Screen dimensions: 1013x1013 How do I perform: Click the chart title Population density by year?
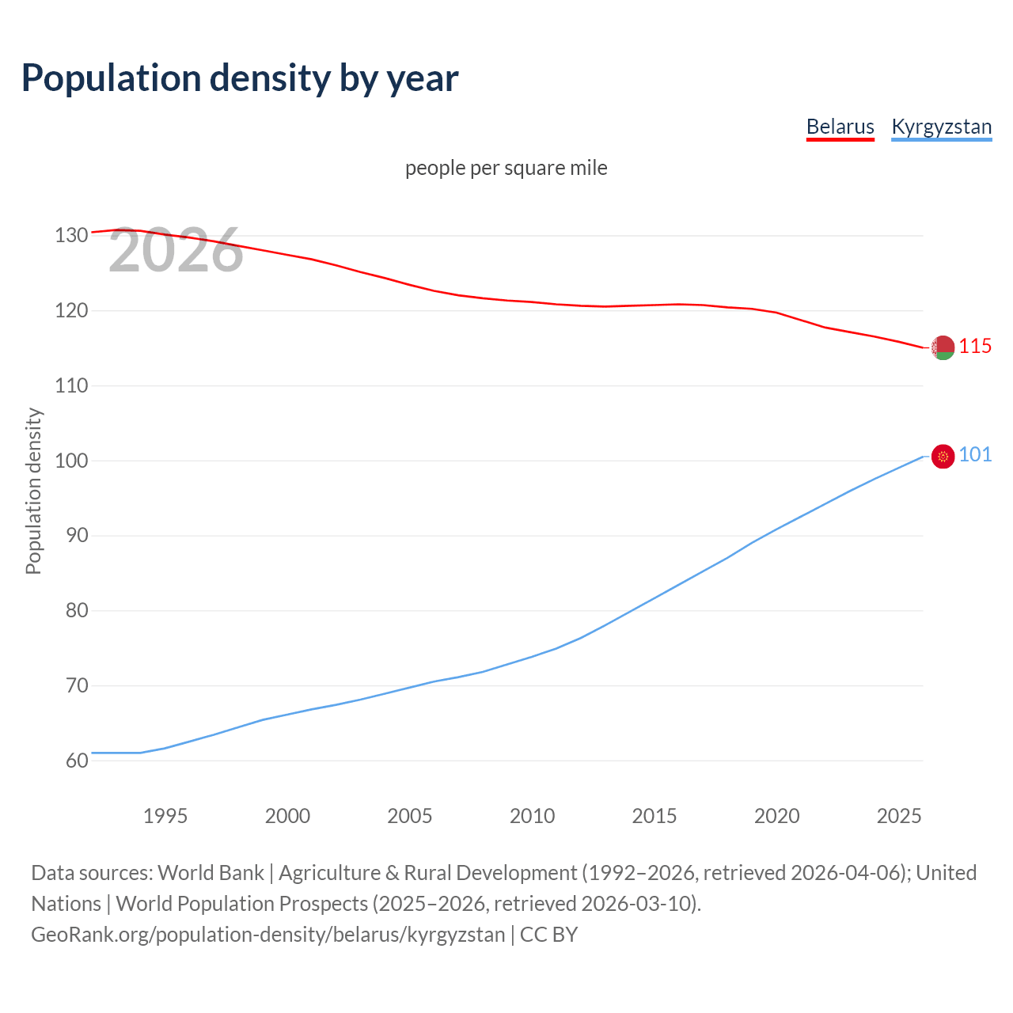pos(240,78)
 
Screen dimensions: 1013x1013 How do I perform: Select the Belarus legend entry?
pos(840,127)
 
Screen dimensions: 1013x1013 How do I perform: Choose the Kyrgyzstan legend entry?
pos(941,127)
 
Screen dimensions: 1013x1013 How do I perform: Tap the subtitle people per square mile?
pos(506,168)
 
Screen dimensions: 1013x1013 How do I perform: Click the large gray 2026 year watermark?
pos(176,250)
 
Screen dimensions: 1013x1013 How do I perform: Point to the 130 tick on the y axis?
pos(71,236)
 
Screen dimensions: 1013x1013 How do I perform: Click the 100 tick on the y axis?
pos(71,461)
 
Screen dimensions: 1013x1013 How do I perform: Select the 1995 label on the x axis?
pos(165,816)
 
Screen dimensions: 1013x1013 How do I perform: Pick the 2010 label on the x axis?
pos(532,816)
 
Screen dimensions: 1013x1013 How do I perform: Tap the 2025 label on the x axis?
pos(899,816)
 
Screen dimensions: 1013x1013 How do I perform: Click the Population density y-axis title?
pos(33,491)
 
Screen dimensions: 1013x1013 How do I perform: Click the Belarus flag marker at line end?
pos(943,347)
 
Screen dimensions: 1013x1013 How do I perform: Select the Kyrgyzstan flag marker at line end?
pos(943,456)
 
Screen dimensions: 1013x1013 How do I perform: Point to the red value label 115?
pos(975,346)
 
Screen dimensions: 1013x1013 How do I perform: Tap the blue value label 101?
pos(975,454)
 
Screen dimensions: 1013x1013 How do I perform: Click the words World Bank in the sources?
pos(211,873)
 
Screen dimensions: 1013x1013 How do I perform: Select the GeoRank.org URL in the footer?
pos(267,935)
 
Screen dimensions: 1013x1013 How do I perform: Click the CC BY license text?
pos(548,935)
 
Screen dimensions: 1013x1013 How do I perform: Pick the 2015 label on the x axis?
pos(654,816)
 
